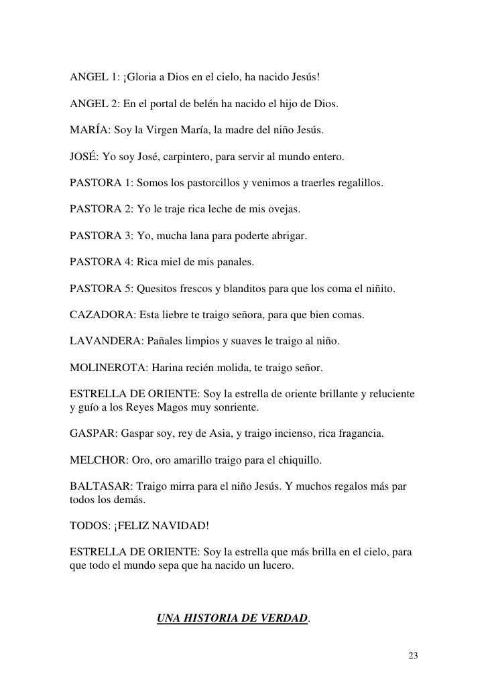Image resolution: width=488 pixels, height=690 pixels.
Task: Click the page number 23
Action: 413,654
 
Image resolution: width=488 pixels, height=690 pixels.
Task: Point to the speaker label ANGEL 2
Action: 95,106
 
